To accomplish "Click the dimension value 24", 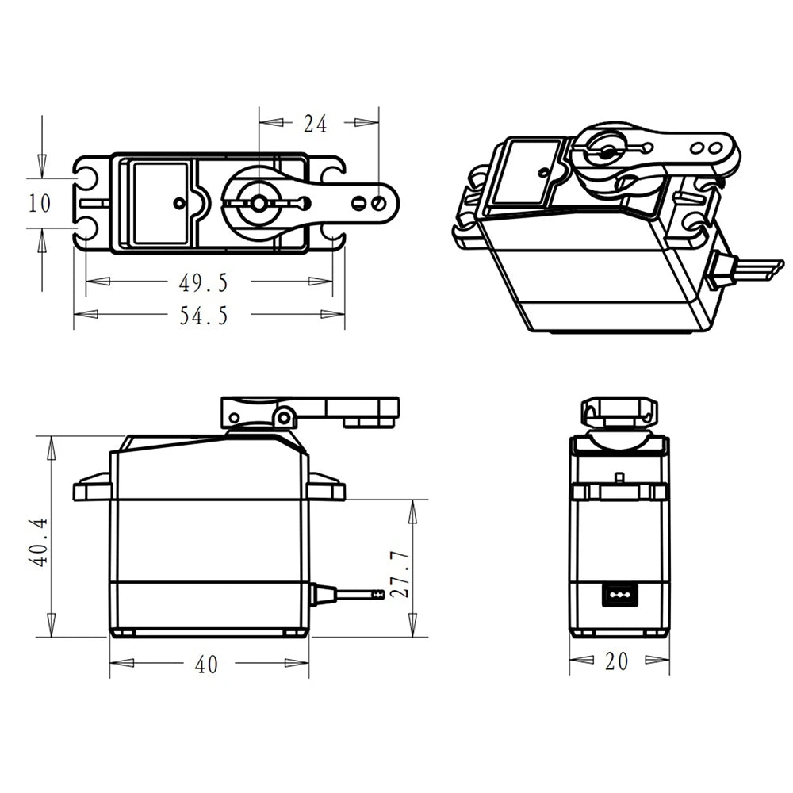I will [x=315, y=123].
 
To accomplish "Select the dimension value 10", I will [x=40, y=204].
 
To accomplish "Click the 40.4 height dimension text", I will [x=39, y=542].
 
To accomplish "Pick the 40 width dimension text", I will [x=206, y=665].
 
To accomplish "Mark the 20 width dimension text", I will [x=617, y=661].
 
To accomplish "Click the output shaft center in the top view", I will [x=259, y=204].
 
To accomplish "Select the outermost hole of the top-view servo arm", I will [x=379, y=204].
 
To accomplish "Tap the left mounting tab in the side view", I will [x=92, y=488].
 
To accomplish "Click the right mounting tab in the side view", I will [x=326, y=488].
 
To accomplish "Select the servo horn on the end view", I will [x=619, y=412].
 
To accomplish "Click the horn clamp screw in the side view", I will [x=284, y=418].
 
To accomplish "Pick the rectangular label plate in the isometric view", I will [x=528, y=170].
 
